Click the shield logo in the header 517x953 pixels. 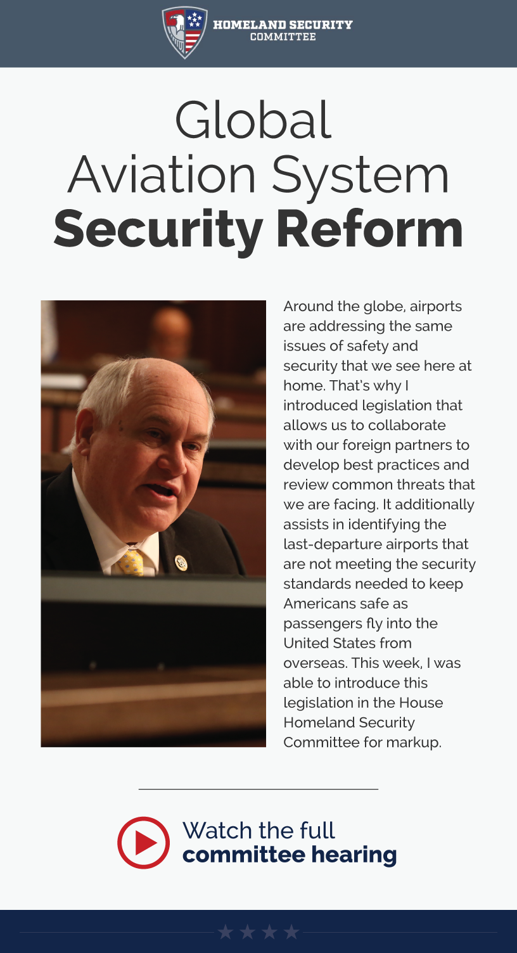184,32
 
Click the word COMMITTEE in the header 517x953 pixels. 283,37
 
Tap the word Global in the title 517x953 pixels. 253,120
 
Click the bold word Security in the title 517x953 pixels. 158,229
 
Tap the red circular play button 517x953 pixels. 144,842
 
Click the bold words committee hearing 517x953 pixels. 289,855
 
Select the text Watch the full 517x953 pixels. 258,830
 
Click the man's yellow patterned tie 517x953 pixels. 131,561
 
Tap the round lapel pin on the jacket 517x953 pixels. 181,562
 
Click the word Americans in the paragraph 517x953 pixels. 315,604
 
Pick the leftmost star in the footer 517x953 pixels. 225,932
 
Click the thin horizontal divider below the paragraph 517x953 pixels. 258,789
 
